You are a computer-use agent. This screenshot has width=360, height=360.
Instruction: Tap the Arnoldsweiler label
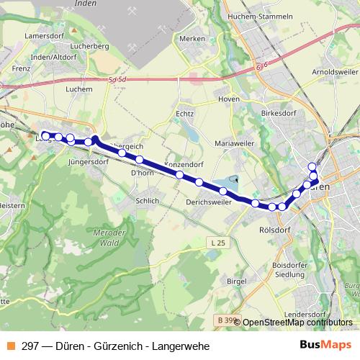click(333, 73)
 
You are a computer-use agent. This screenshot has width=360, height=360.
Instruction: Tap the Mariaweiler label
click(235, 143)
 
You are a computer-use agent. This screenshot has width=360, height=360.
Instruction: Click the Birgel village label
click(236, 281)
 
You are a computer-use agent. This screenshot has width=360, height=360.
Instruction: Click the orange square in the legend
click(10, 346)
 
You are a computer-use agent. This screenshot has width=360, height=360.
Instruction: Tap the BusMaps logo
click(325, 346)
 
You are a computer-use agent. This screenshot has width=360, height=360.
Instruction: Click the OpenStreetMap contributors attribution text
click(297, 323)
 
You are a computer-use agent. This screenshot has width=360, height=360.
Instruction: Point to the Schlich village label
click(146, 201)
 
